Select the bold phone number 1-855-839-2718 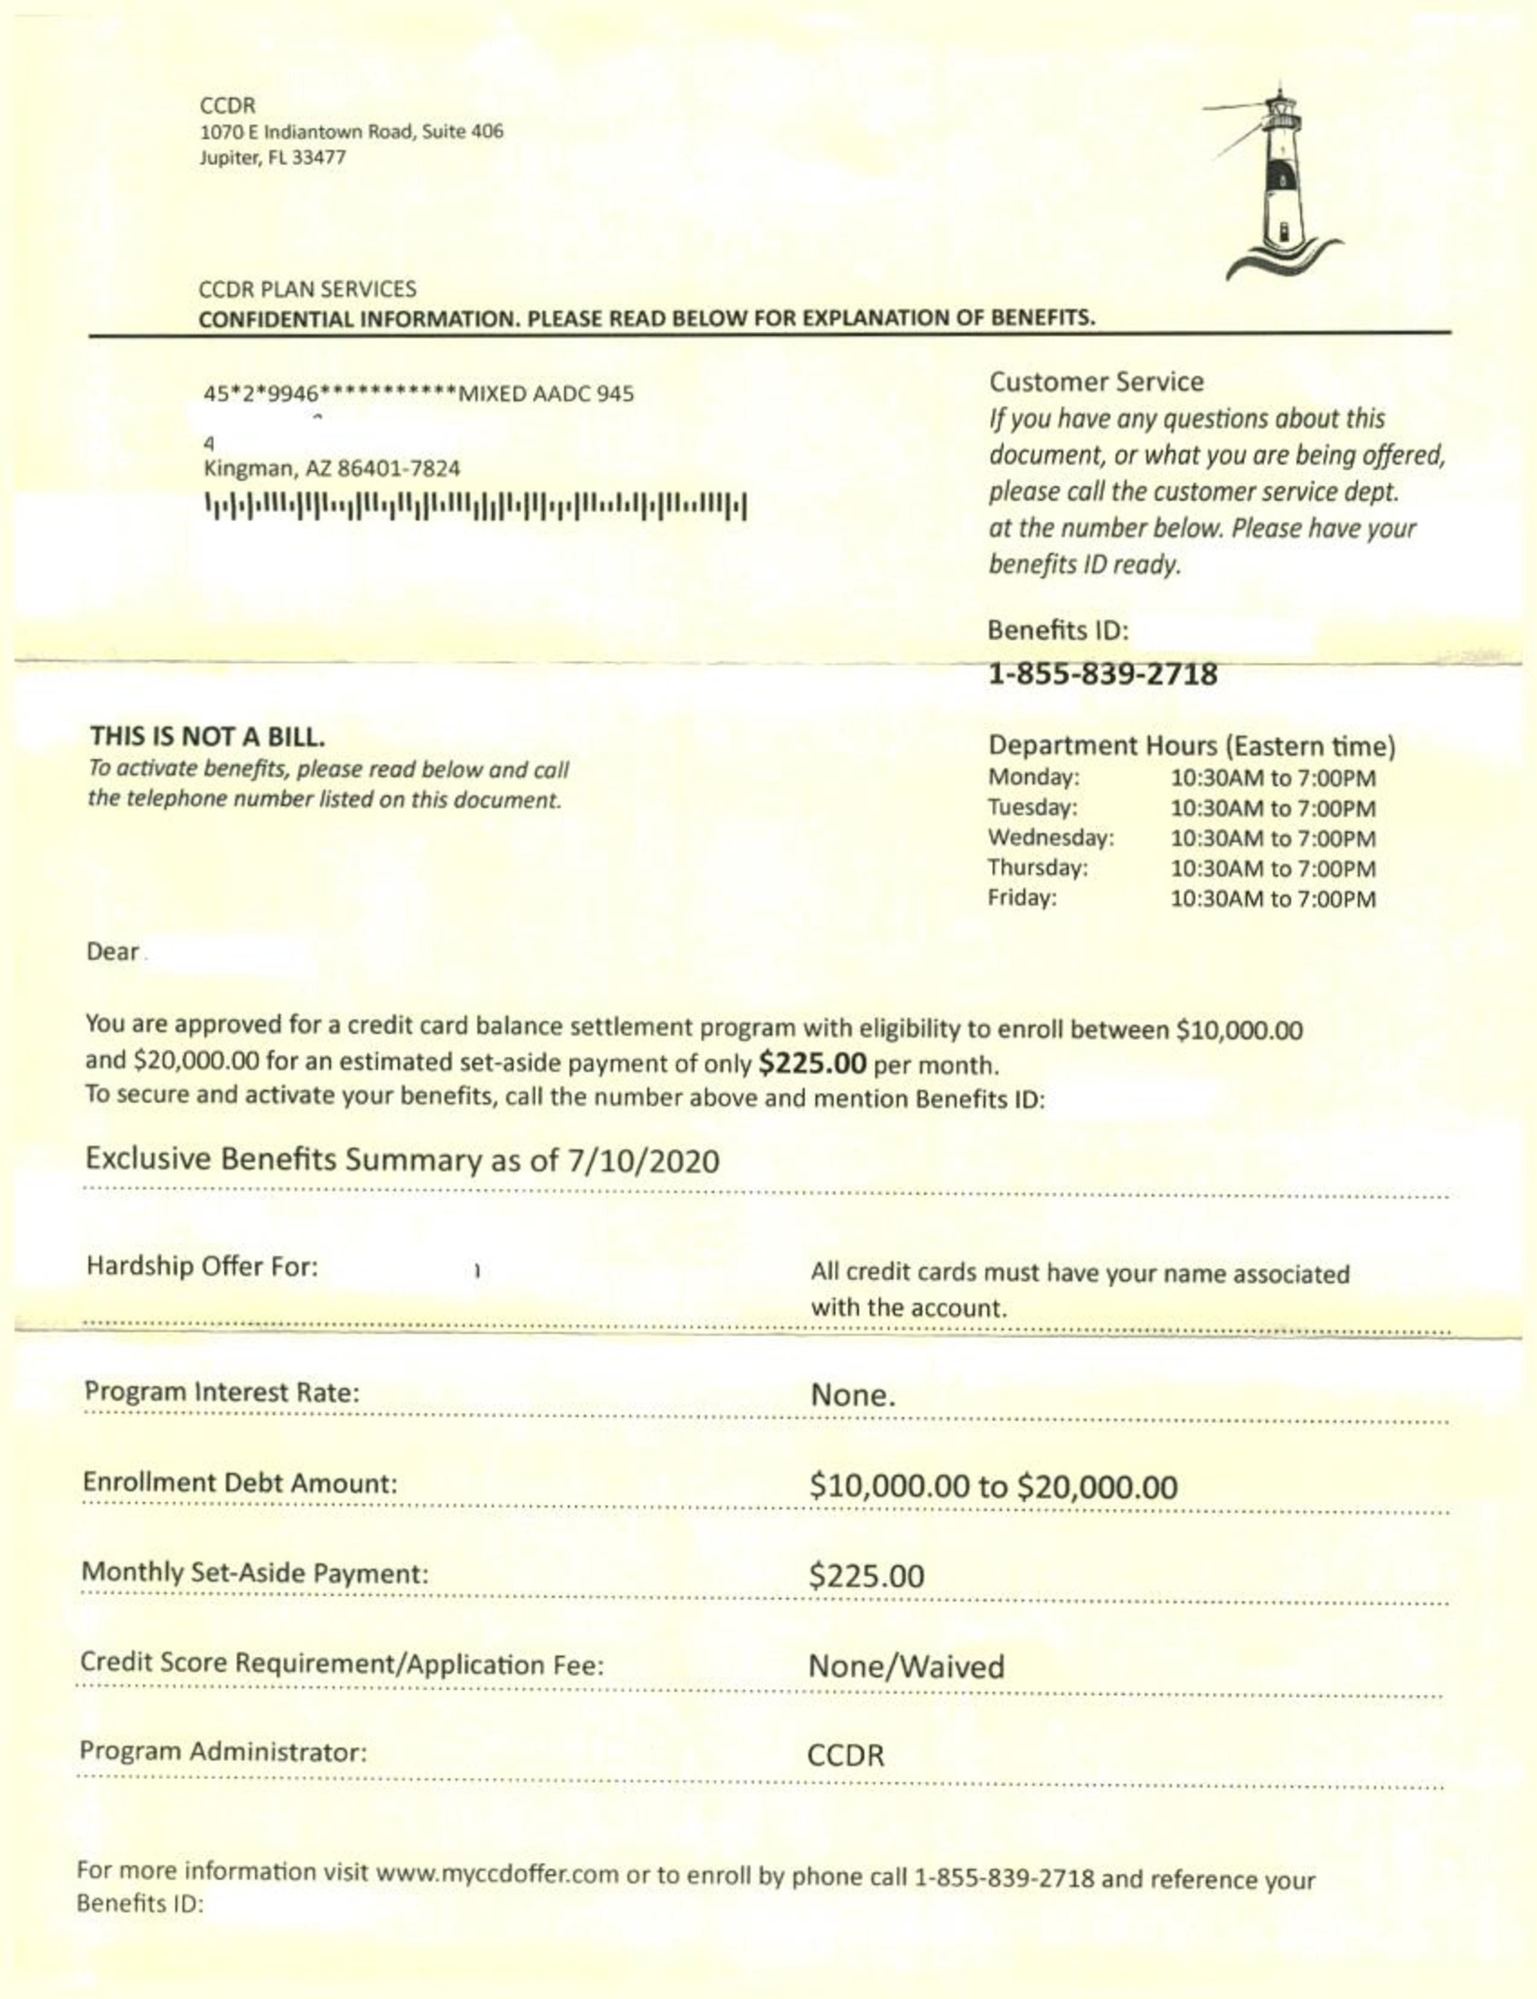(x=1102, y=674)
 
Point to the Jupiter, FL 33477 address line (x=272, y=157)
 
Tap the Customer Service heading (x=1096, y=381)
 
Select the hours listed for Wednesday (x=1272, y=838)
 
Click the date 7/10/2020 (x=643, y=1161)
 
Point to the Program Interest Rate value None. (x=852, y=1395)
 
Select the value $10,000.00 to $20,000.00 (x=993, y=1486)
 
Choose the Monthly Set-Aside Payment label (x=254, y=1574)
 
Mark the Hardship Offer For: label (x=202, y=1267)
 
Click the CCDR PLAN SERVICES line (x=307, y=289)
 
